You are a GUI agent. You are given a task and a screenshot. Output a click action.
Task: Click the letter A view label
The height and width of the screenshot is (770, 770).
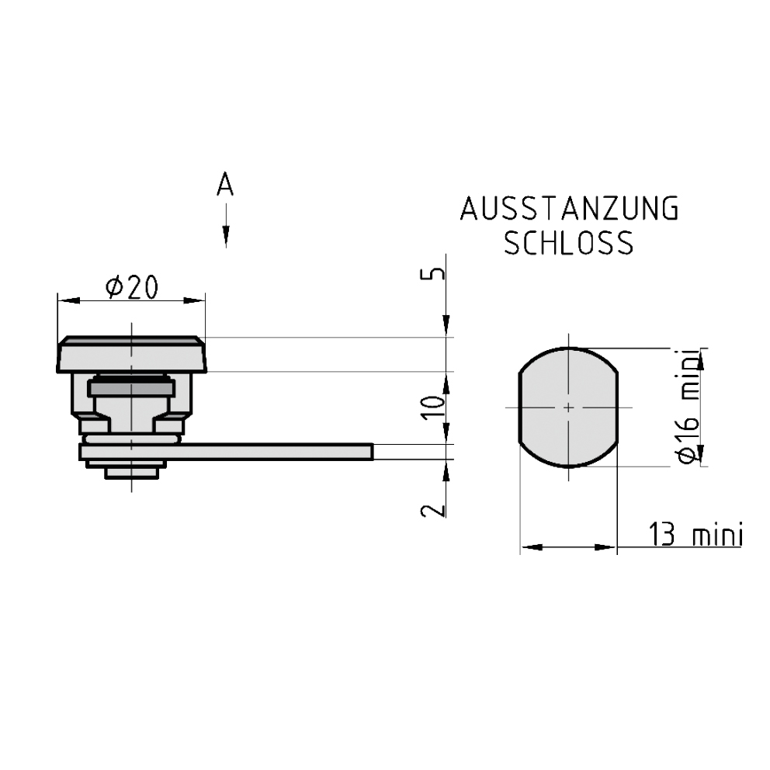pos(225,185)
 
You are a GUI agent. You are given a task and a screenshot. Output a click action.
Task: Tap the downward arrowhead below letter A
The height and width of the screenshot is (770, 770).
pos(225,236)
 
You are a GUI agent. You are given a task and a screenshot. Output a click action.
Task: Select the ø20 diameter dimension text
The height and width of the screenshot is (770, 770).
pos(131,287)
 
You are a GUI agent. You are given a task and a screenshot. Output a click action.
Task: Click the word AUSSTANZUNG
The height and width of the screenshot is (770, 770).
pos(569,210)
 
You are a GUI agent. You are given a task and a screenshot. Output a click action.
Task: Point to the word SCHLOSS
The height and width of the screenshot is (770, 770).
pos(569,244)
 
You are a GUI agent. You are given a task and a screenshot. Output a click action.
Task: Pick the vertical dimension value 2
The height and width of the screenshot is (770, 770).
pos(436,508)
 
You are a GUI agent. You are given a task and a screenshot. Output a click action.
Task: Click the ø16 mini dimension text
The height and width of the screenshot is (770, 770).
pos(688,407)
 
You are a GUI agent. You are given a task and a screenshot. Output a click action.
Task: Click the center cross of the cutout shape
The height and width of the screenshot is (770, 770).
pos(569,407)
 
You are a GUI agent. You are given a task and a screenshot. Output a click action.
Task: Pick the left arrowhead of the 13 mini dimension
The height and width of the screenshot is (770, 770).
pos(529,548)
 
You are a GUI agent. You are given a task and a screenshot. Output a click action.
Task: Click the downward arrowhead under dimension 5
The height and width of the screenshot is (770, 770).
pos(447,326)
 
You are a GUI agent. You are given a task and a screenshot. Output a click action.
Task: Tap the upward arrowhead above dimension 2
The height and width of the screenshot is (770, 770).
pos(447,470)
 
